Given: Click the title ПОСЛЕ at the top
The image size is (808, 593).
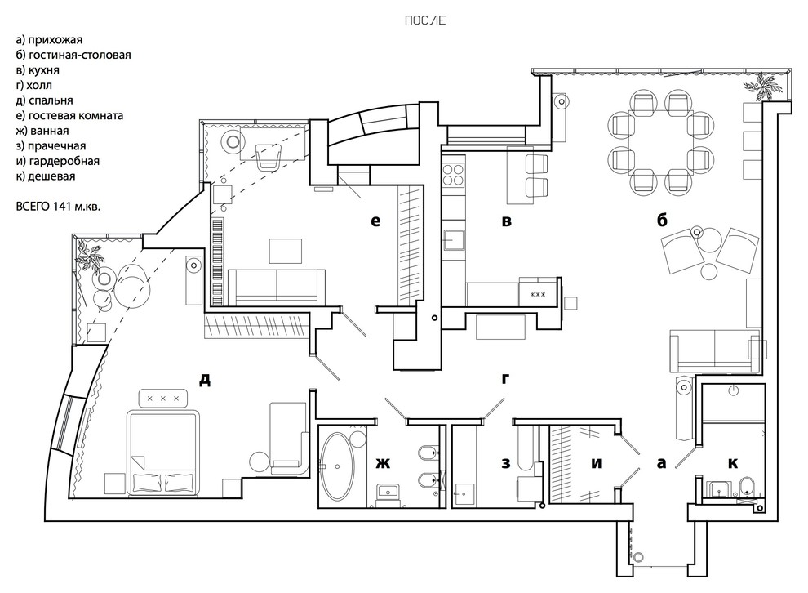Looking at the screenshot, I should click(x=424, y=20).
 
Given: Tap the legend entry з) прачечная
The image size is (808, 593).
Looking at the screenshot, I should click(x=51, y=145).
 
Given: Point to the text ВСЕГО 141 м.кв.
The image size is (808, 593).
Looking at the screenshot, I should click(x=62, y=206).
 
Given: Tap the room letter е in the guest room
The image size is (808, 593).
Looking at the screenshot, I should click(x=375, y=220).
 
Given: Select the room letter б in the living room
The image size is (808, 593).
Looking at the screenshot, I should click(x=661, y=220).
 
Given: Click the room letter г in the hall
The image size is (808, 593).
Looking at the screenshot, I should click(x=505, y=377).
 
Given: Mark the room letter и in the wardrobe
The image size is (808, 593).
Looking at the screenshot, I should click(x=596, y=463).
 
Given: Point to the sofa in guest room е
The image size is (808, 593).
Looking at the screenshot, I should click(x=275, y=283).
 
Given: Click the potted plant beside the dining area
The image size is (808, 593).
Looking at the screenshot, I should click(x=767, y=83).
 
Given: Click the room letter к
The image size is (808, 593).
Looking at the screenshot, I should click(x=732, y=463).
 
